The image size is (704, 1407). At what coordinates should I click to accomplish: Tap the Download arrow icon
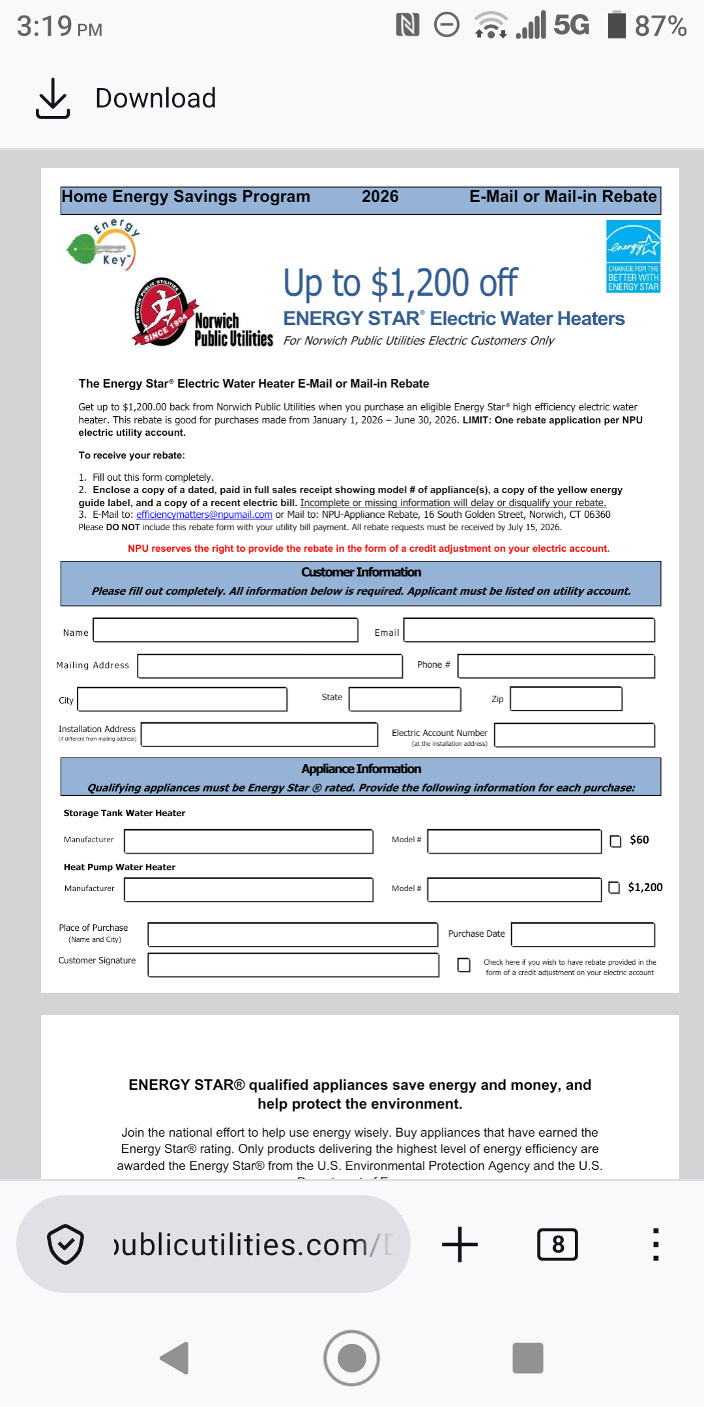coord(53,98)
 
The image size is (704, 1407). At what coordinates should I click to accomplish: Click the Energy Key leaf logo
coord(103,245)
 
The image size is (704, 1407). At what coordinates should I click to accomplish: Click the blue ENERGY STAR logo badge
coord(633,256)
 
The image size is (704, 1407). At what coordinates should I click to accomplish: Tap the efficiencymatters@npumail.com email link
coord(204,515)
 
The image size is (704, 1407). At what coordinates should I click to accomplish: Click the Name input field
coord(226,630)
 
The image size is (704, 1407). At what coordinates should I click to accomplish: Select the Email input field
coord(529,630)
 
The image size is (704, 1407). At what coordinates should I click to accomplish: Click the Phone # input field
coord(556,666)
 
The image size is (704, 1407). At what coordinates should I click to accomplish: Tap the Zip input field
coord(566,699)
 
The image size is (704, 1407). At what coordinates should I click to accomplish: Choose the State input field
coord(405,699)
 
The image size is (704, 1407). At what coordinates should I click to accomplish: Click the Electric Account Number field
coord(574,735)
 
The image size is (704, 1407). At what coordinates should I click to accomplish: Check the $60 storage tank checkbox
coord(615,841)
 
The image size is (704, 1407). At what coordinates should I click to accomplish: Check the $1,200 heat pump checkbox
coord(614,888)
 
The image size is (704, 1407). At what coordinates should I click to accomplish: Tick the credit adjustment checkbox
coord(464,965)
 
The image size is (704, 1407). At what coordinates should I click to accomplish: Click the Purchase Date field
coord(583,934)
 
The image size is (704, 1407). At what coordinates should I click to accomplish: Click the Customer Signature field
coord(293,965)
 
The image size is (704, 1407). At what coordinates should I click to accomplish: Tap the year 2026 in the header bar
coord(380,197)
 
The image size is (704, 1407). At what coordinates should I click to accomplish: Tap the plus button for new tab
coord(460,1244)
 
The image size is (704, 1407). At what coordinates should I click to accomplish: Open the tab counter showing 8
coord(557,1244)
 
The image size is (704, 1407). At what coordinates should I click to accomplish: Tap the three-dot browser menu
coord(656,1244)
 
